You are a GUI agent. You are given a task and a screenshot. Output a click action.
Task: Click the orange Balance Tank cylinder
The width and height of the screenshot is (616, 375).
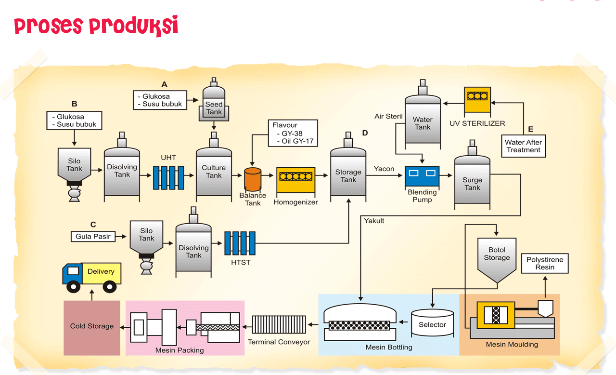pos(253,180)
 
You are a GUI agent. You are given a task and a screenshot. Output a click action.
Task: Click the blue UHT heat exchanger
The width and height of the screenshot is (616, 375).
pos(168,177)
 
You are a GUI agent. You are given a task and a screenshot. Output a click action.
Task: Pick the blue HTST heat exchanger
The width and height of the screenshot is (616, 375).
pos(239,243)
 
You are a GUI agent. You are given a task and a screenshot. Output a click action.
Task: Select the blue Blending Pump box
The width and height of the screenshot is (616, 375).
pos(422,176)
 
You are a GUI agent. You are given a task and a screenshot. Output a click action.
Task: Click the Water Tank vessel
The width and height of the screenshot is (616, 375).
pos(423,121)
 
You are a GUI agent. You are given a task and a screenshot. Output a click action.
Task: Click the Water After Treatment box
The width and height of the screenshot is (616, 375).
pos(523,146)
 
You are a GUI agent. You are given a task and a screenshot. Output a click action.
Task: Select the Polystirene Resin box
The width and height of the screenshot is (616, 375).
pos(545,263)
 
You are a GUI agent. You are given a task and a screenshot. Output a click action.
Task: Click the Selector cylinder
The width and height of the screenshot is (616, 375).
pos(432,325)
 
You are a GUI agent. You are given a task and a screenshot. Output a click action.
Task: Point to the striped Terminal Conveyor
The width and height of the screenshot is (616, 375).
pos(280,324)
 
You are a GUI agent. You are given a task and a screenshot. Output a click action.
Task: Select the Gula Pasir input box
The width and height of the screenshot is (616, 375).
pos(93,237)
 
